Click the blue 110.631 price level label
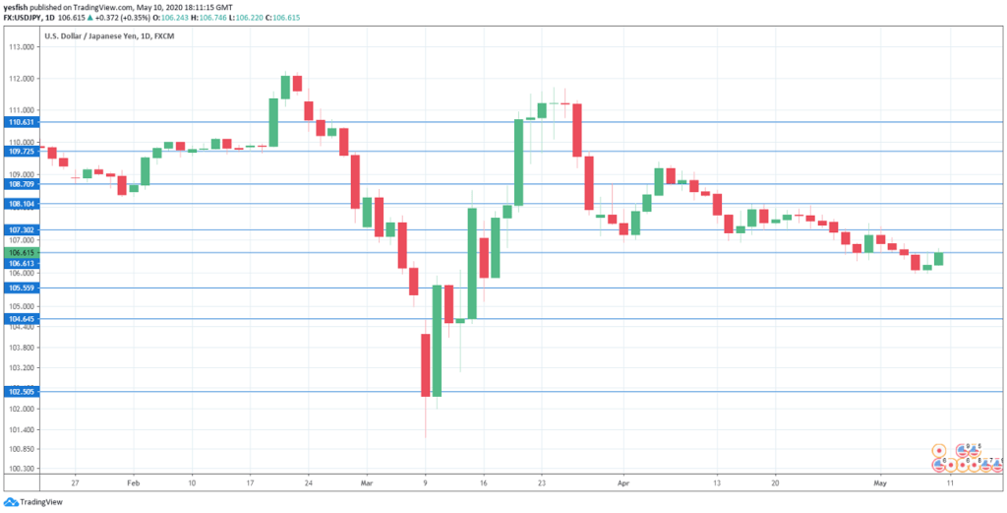(21, 122)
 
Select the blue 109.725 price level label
(21, 152)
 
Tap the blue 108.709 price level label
(21, 184)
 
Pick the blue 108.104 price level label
(21, 204)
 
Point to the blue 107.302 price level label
(21, 229)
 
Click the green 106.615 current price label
(21, 252)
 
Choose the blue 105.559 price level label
(21, 288)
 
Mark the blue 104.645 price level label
(21, 319)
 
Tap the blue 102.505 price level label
(21, 391)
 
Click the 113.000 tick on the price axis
(21, 46)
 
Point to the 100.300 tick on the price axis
(21, 469)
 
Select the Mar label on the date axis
(367, 483)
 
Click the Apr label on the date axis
(622, 483)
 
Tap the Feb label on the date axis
(134, 483)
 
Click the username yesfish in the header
(20, 6)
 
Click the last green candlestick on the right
(938, 259)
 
